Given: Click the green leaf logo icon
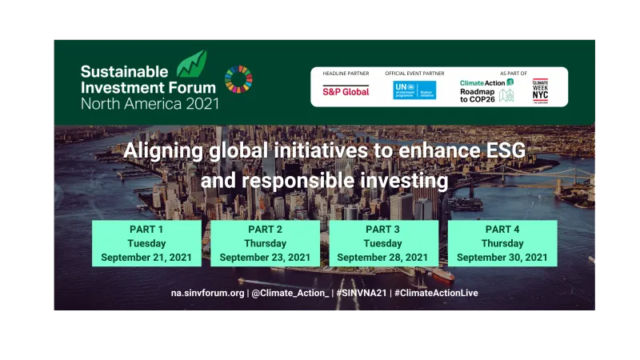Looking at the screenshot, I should click(x=191, y=63).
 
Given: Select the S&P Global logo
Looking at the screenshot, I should click(x=346, y=91).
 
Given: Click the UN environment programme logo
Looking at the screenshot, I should click(x=414, y=90).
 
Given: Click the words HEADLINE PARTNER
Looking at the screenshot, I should click(x=346, y=74).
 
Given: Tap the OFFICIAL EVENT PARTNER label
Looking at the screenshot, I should click(x=414, y=74).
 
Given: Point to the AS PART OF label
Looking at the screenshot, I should click(x=513, y=74).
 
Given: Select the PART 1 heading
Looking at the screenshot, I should click(x=146, y=229).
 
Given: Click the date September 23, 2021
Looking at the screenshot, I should click(x=265, y=258).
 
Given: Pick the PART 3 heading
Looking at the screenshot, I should click(x=383, y=229).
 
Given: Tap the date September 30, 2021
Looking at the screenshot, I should click(x=502, y=258).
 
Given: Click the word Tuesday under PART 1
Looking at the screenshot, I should click(x=146, y=243).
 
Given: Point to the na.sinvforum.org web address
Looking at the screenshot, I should click(x=208, y=293).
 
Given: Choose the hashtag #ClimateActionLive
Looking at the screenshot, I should click(x=436, y=293).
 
